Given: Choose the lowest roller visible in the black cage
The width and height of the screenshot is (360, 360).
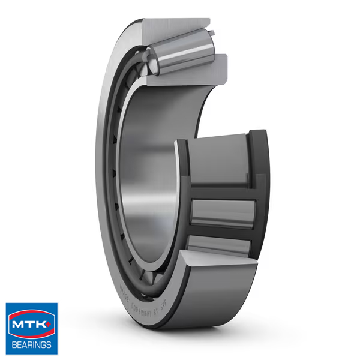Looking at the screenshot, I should [x=219, y=245].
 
